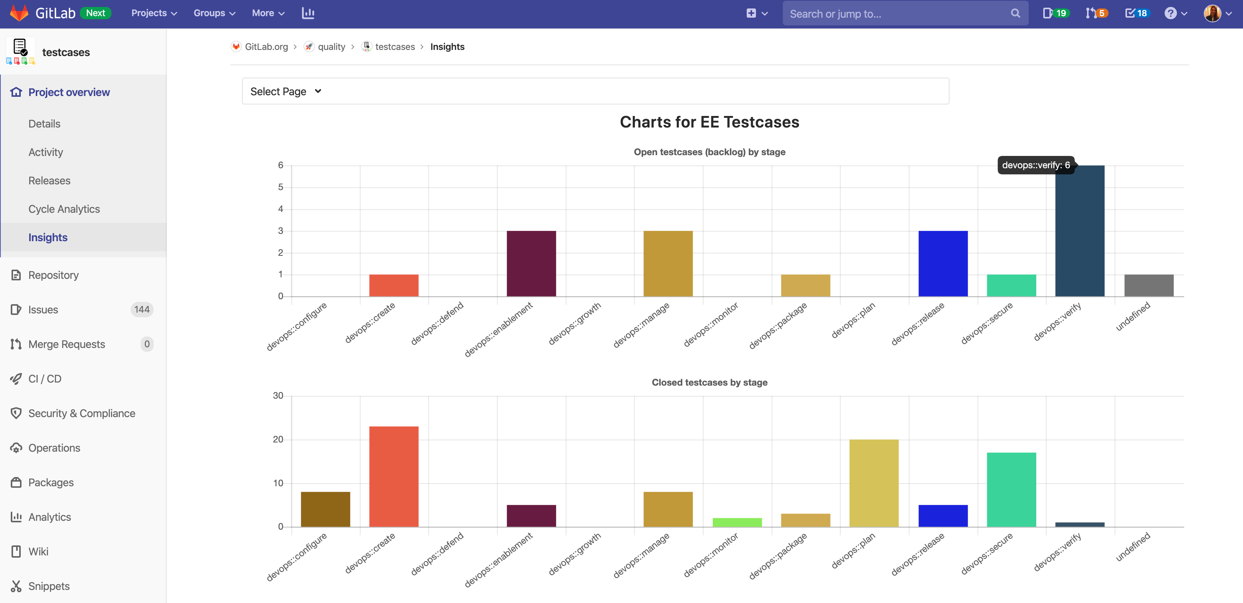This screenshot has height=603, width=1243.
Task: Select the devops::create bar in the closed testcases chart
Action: click(394, 477)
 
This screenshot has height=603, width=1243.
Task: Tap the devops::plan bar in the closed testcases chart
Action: click(874, 483)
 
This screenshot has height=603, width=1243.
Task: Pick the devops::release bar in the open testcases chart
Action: click(943, 263)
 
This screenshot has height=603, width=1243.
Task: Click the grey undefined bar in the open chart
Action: click(1149, 285)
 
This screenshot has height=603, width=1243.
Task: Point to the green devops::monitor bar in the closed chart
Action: click(737, 522)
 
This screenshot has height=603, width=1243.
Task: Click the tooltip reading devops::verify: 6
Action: click(1036, 165)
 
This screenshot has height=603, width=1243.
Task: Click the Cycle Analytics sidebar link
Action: click(64, 209)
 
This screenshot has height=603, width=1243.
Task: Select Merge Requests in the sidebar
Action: click(66, 344)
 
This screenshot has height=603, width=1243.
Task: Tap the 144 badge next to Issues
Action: click(142, 309)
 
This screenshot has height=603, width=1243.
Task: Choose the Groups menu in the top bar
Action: click(214, 13)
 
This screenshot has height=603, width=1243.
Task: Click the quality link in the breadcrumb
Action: click(331, 47)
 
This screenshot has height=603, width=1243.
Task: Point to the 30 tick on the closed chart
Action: click(278, 396)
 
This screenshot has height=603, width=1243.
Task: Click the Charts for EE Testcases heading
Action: click(709, 122)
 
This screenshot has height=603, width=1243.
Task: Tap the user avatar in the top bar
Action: click(1212, 13)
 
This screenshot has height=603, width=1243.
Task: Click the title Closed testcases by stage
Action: click(709, 383)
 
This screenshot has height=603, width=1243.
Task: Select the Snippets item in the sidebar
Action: click(49, 586)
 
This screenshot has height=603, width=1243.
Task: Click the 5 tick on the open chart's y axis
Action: click(280, 187)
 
